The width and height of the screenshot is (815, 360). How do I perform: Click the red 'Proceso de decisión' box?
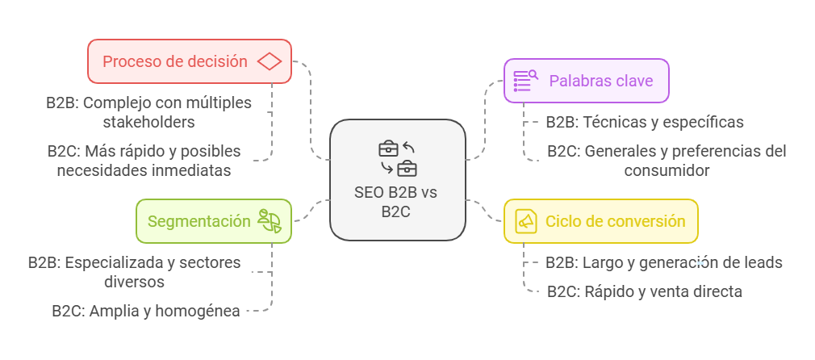click(189, 61)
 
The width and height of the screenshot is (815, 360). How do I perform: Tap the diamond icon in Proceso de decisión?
click(269, 61)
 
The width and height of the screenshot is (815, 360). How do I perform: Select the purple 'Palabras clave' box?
click(586, 81)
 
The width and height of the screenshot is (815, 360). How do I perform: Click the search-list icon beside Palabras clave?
click(525, 81)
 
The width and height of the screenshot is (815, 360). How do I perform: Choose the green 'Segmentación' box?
click(213, 221)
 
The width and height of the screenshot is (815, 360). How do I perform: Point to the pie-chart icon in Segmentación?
click(270, 221)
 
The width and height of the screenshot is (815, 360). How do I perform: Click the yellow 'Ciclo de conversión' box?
click(600, 221)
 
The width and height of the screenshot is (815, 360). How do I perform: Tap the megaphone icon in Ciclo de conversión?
click(526, 221)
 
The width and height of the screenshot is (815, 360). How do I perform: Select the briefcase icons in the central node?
click(397, 158)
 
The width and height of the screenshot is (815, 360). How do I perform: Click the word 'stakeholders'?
click(148, 122)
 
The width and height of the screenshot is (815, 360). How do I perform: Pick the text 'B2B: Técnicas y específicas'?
click(644, 122)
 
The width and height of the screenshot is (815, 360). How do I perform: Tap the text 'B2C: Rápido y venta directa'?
click(644, 291)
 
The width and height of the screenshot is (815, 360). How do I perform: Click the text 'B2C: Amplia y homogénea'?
click(145, 310)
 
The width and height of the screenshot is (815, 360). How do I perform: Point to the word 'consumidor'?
click(667, 170)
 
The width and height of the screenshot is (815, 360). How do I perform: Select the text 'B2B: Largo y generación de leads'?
click(663, 262)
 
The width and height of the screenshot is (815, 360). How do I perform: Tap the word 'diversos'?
click(135, 282)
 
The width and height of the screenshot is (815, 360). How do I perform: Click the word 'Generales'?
click(618, 151)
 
